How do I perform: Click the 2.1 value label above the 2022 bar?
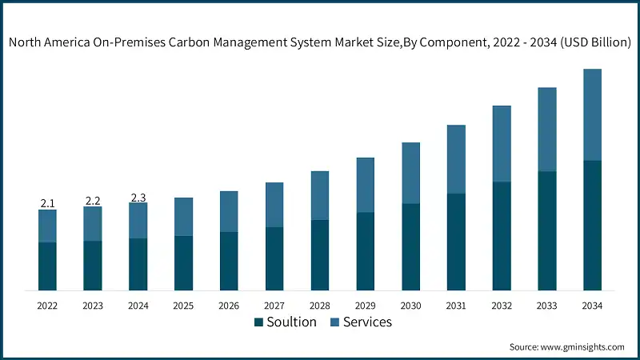click(47, 204)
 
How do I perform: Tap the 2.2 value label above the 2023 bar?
click(93, 201)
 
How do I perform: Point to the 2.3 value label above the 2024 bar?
click(138, 198)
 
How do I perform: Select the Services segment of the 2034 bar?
click(592, 114)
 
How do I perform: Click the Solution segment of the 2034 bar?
click(592, 225)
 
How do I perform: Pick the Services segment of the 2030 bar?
click(410, 173)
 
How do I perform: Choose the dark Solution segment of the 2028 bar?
click(320, 254)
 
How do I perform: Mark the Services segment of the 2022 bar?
click(47, 226)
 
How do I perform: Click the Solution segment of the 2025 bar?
click(184, 262)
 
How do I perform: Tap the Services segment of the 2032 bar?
click(502, 144)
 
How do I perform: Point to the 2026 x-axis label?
click(229, 306)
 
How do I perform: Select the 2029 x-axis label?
click(365, 306)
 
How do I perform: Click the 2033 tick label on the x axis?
click(546, 306)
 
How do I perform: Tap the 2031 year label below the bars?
click(456, 306)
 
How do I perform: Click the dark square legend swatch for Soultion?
click(258, 322)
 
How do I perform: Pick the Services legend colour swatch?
click(335, 322)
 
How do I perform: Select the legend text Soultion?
click(292, 322)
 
